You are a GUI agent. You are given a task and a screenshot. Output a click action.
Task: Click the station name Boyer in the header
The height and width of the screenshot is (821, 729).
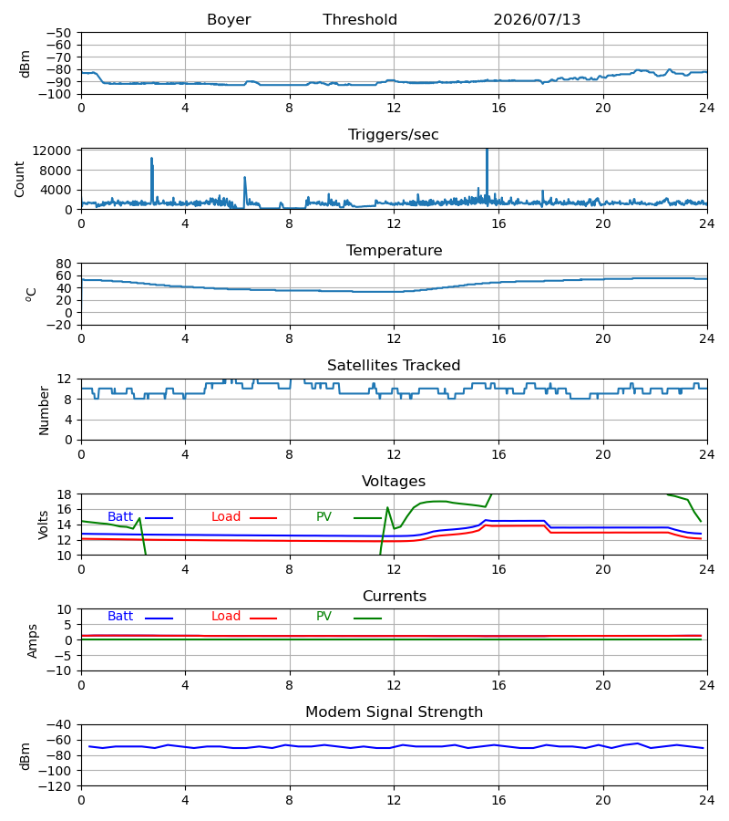pos(229,20)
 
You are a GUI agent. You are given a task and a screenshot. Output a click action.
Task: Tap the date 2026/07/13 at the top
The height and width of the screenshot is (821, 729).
pos(537,20)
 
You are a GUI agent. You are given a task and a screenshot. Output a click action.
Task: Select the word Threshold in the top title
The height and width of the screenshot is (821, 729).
pos(360,20)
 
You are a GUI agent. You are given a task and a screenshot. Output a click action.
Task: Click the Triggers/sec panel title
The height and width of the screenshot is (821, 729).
pos(394,135)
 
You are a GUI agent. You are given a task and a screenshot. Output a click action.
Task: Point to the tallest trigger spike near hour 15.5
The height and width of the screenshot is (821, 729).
pos(487,151)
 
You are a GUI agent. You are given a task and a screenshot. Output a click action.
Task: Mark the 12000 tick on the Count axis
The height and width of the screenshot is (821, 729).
pos(52,151)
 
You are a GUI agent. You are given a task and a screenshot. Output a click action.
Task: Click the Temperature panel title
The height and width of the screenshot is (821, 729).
pos(394,250)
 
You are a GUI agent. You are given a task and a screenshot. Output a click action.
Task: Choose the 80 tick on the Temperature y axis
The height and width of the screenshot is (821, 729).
pos(64,264)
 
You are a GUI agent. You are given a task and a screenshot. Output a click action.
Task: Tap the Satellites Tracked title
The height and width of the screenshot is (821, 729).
pos(394,366)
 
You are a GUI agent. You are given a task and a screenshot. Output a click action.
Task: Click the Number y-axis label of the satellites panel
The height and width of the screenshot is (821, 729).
pos(44,410)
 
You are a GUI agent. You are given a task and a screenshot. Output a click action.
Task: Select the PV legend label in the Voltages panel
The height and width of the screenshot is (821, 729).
pos(323,517)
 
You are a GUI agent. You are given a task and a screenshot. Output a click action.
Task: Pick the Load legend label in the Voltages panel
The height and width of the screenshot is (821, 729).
pos(226,517)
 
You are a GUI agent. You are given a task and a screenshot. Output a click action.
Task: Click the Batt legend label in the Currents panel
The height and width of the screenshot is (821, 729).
pos(120,617)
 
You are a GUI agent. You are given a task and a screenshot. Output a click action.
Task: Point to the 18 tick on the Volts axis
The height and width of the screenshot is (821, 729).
pos(64,494)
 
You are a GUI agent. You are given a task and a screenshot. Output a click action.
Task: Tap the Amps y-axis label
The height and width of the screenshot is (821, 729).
pos(33,641)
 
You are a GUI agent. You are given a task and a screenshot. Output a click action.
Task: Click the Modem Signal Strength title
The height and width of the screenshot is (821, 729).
pos(394,712)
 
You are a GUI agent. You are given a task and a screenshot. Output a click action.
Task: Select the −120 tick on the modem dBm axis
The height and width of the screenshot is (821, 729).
pos(58,786)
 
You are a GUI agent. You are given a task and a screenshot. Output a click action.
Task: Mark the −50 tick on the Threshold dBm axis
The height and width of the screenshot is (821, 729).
pos(58,33)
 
